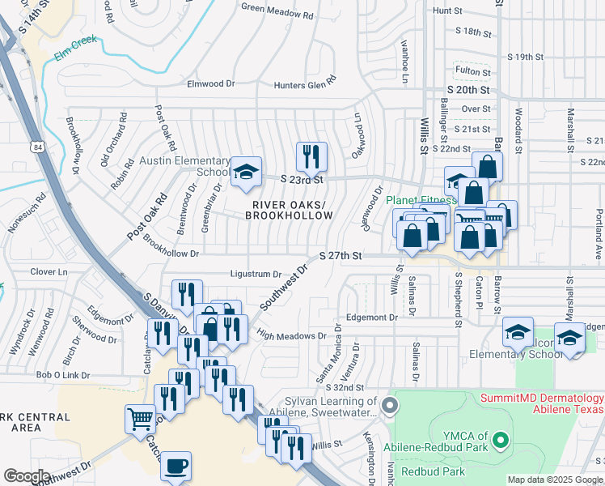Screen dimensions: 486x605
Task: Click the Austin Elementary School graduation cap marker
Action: (x=246, y=173)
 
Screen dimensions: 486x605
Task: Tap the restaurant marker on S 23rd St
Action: (x=311, y=156)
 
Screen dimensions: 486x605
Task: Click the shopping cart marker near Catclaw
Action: (x=140, y=420)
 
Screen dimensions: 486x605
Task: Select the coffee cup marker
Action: (x=176, y=466)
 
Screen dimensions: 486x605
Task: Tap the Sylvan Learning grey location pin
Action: (x=390, y=405)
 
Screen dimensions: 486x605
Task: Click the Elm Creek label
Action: (x=76, y=49)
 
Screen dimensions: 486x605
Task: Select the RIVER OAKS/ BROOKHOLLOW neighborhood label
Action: (x=291, y=210)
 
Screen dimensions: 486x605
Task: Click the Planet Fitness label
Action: (x=421, y=200)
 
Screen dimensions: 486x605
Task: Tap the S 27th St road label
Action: (x=340, y=255)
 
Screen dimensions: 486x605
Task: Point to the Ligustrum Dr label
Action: (x=255, y=275)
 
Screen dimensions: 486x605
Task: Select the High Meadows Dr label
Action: (x=291, y=334)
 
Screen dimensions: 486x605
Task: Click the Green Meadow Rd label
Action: (x=277, y=9)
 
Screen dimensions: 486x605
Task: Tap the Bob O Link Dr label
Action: (x=61, y=375)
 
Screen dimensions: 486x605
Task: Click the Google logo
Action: (x=27, y=477)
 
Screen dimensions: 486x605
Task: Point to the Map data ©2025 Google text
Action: (x=555, y=480)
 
